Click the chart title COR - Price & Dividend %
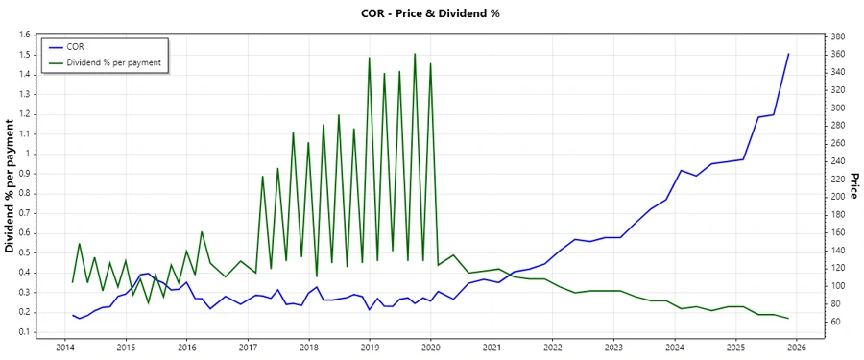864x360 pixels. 431,13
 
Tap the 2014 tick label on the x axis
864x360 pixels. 64,348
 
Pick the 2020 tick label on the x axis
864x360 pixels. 430,348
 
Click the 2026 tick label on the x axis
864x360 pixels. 796,348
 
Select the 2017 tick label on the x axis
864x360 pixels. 248,348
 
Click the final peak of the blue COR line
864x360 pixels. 788,54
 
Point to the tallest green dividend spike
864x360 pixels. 415,54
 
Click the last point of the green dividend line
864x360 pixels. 788,318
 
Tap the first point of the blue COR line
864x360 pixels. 72,315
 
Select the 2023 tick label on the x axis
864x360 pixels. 613,348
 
